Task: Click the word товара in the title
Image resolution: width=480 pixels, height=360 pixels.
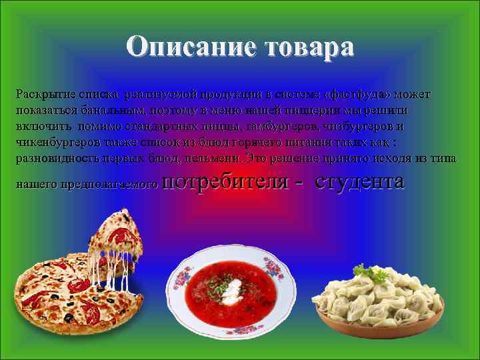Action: coord(309,47)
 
